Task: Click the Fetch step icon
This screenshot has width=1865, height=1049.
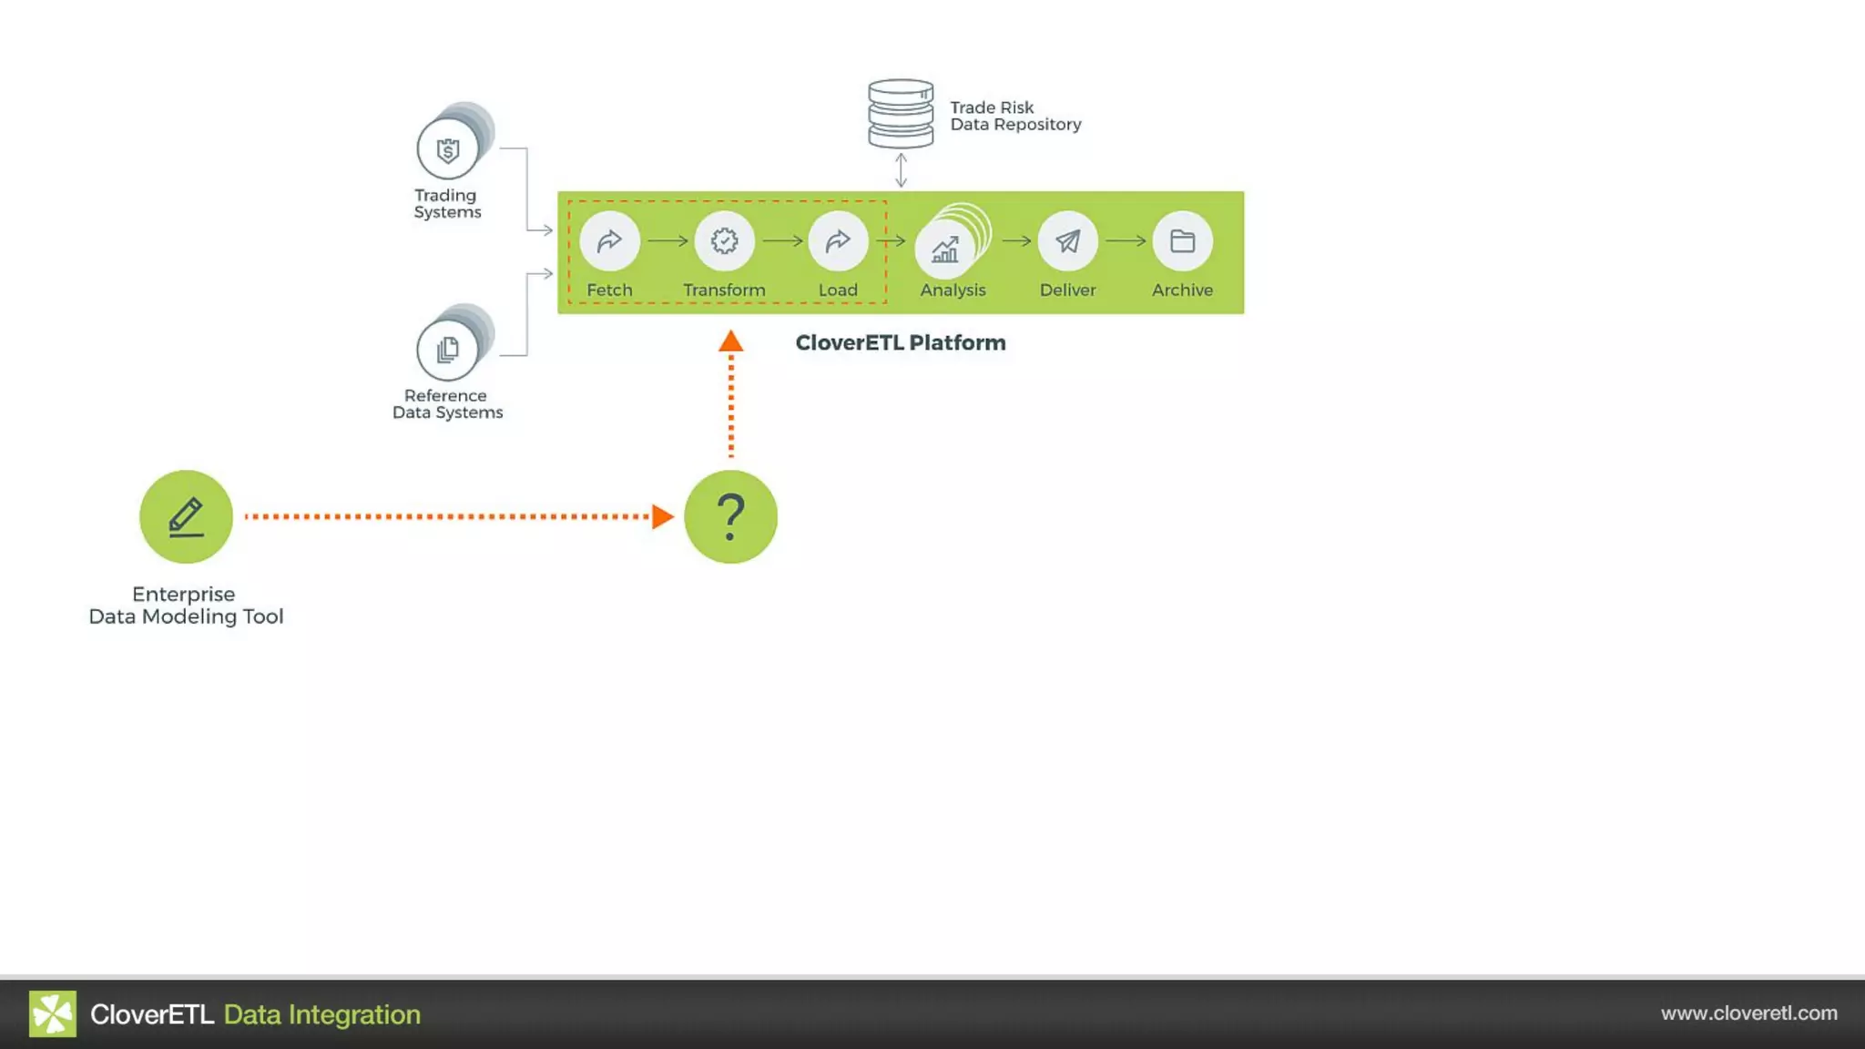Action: click(609, 241)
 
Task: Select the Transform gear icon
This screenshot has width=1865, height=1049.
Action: click(724, 241)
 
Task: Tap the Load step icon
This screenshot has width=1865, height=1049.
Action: click(838, 241)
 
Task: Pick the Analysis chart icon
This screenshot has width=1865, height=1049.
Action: click(945, 249)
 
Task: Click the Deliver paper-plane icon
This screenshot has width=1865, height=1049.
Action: click(1067, 241)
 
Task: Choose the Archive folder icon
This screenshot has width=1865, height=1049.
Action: click(1182, 241)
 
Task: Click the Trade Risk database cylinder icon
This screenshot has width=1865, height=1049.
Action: click(901, 114)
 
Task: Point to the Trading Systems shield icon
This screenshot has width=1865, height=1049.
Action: click(447, 150)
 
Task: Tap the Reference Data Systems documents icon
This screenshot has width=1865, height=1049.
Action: click(447, 350)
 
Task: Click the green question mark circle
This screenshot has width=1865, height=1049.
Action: click(730, 516)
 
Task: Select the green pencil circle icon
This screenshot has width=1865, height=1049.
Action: click(186, 516)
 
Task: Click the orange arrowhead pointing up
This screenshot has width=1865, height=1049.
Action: click(730, 342)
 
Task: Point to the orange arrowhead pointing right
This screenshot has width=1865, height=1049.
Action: click(663, 516)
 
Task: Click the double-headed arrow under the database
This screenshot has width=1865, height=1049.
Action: click(901, 169)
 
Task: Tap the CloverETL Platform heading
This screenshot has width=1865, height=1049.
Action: click(901, 343)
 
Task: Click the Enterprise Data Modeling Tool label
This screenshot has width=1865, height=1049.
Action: click(186, 606)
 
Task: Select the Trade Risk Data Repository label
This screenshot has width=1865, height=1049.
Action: click(1015, 116)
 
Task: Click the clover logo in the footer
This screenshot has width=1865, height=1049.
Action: click(53, 1013)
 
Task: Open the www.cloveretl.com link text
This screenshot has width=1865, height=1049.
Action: click(1748, 1013)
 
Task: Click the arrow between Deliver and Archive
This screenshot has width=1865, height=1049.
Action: click(1126, 241)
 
